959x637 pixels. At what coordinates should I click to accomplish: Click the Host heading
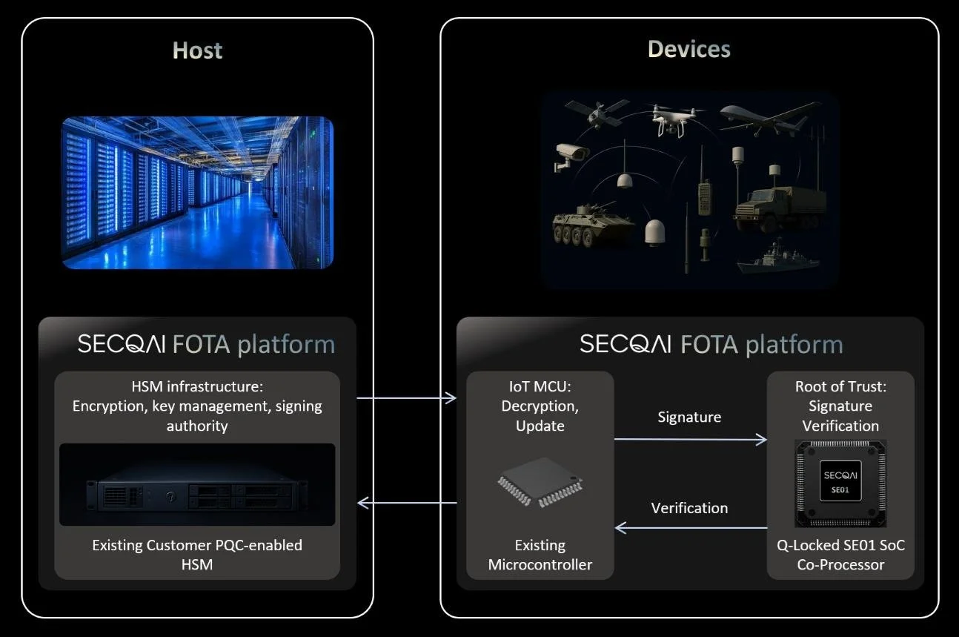point(197,50)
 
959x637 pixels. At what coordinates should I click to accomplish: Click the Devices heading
point(688,50)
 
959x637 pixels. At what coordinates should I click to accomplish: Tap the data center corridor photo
point(197,192)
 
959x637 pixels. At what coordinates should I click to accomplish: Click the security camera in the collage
point(572,156)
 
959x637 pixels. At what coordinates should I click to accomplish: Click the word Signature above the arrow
point(689,417)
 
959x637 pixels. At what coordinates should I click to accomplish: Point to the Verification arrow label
point(689,508)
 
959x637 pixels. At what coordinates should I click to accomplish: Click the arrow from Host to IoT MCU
point(406,398)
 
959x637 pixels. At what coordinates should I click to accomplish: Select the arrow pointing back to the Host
point(406,503)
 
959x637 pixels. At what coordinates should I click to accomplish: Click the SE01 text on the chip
point(840,489)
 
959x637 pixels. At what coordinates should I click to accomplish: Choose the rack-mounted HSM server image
point(197,486)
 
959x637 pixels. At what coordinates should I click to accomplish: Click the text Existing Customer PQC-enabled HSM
point(197,555)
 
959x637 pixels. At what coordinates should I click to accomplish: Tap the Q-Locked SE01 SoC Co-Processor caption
point(840,555)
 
